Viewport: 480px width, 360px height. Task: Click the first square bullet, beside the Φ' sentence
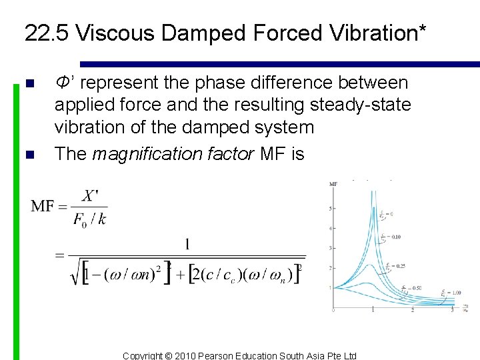click(x=28, y=84)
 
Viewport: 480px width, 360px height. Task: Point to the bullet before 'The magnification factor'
click(x=28, y=155)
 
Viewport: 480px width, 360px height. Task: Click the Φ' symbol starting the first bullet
click(x=64, y=83)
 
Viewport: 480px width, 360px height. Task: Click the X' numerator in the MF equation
click(x=90, y=197)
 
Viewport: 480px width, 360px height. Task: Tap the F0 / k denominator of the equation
click(x=90, y=219)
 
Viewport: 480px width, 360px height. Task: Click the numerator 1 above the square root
click(x=187, y=245)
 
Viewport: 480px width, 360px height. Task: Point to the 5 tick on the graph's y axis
click(x=331, y=209)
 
